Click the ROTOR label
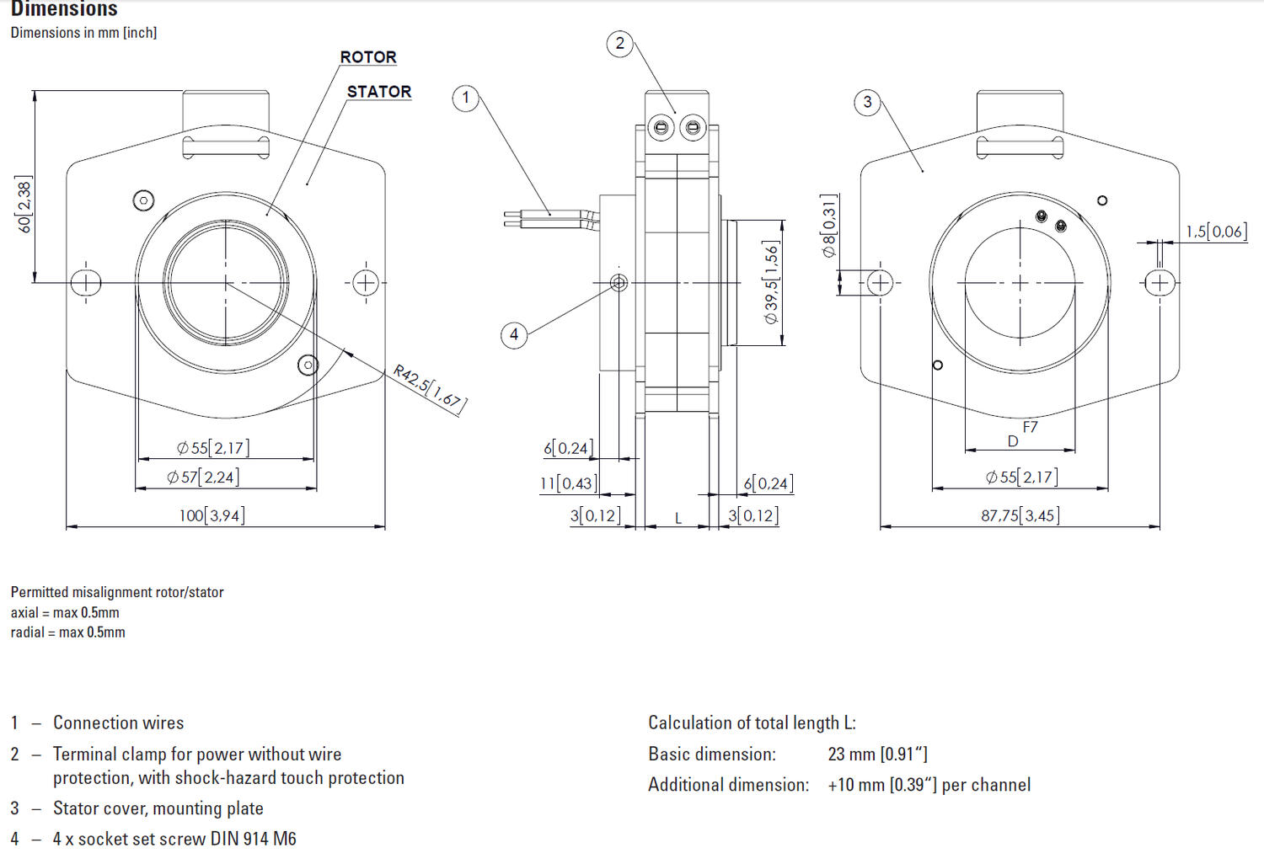pos(368,57)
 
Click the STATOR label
pos(379,92)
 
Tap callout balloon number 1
pos(465,98)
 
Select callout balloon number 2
pos(620,44)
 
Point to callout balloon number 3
pos(867,103)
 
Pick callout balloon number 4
pos(514,334)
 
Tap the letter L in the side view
pos(678,519)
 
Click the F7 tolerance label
pos(1030,427)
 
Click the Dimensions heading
pos(64,9)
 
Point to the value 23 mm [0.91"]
pos(877,754)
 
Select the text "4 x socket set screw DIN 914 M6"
pos(174,839)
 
